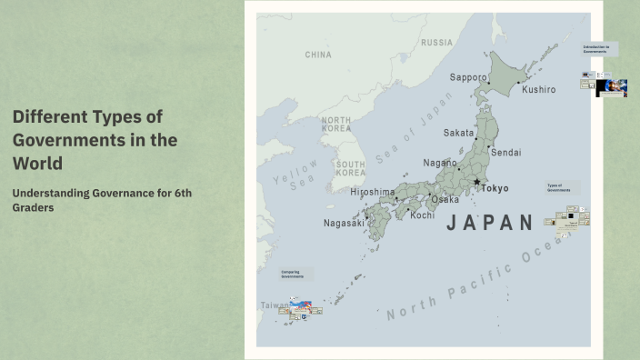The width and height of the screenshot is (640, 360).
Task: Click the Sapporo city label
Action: (468, 77)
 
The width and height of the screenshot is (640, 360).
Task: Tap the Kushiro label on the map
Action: (538, 90)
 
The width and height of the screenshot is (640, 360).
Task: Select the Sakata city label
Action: (458, 133)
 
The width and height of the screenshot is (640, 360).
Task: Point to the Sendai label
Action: (505, 152)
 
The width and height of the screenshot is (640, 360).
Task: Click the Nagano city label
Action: (441, 163)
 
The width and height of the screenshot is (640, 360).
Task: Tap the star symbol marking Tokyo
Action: (476, 182)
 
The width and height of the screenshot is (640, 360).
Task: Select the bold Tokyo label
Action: (495, 188)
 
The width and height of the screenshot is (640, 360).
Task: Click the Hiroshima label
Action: (373, 192)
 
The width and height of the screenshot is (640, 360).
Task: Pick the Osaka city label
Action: (445, 199)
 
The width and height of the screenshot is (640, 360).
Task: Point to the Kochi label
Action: (422, 215)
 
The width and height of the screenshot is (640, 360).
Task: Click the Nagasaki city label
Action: (344, 223)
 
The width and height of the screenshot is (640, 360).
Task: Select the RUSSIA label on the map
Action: (436, 43)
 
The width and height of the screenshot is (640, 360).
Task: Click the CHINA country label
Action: (318, 55)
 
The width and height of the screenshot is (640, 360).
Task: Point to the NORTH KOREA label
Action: (335, 125)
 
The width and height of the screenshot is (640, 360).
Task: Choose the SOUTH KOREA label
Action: (350, 168)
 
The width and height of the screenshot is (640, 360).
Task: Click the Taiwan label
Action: (271, 305)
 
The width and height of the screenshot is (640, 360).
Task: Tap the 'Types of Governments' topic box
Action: (560, 188)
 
